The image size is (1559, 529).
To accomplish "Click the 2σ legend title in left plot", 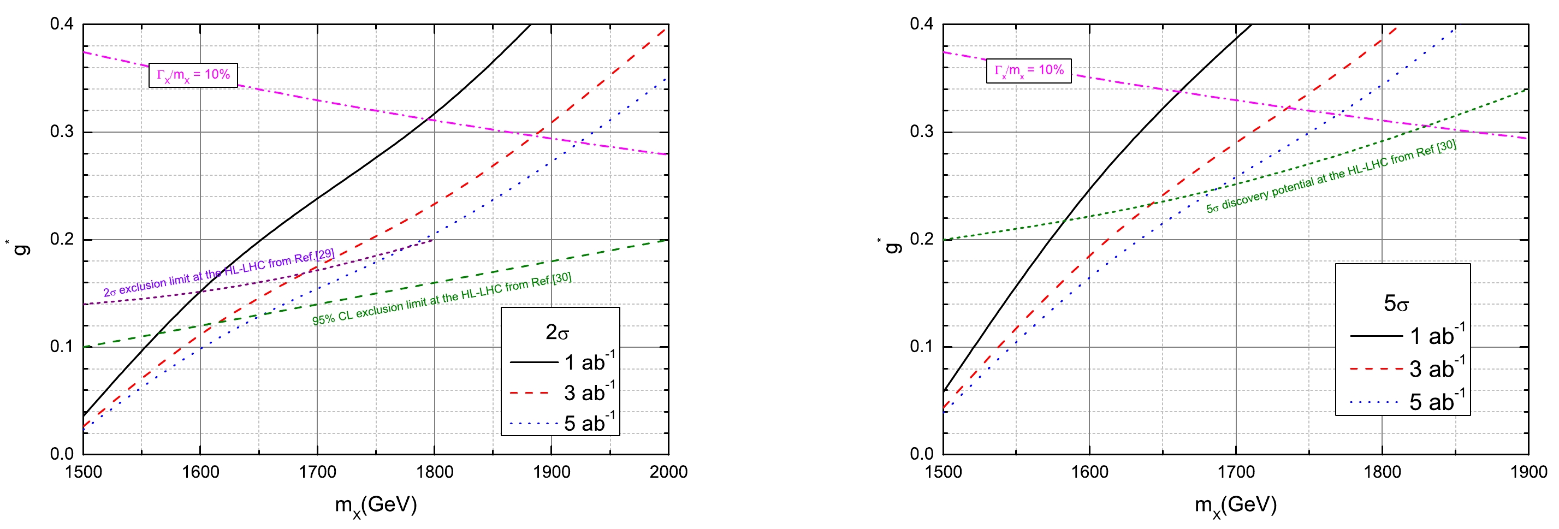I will click(557, 332).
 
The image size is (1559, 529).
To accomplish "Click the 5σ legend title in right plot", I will click(1396, 303).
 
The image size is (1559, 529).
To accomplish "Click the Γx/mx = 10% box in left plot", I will click(193, 75).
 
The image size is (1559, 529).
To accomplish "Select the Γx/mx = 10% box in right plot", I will click(1028, 70).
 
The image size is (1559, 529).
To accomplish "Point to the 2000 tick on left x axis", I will click(668, 472).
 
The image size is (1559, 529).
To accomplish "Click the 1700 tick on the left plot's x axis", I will click(317, 472).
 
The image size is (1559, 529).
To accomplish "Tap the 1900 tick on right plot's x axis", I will click(1528, 472).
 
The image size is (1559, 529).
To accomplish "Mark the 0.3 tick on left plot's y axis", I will click(62, 132).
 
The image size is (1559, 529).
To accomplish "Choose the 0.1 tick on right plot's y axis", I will click(922, 346).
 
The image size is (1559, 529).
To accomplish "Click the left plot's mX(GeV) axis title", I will click(376, 505).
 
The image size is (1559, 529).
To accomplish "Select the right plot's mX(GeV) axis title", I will click(1235, 505).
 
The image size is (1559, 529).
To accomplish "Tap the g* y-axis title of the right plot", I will click(890, 245).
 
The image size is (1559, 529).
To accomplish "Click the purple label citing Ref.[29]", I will click(218, 273).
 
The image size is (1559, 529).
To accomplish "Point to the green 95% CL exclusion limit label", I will click(441, 299).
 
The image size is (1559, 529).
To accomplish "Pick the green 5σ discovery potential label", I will click(1331, 177).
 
